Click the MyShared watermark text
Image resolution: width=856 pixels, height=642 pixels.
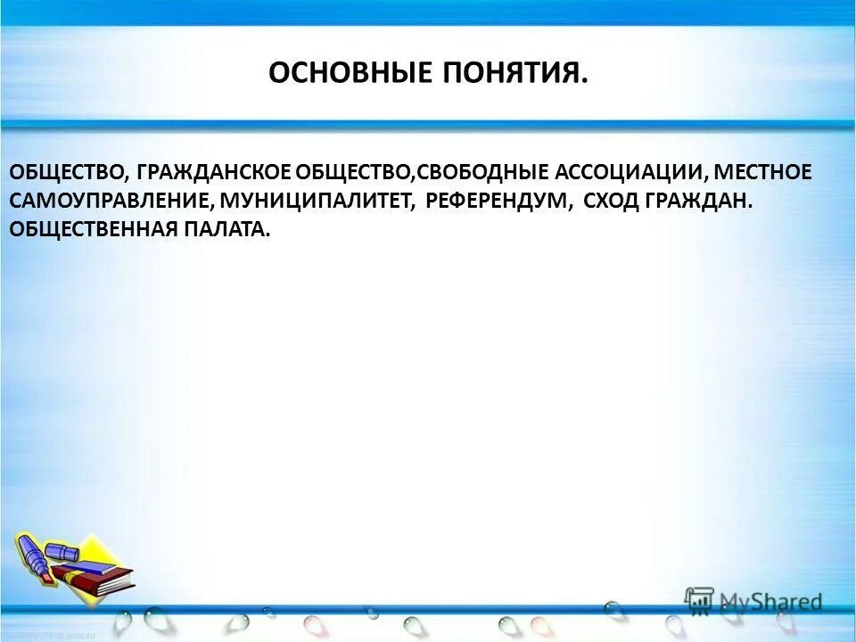pos(770,602)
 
